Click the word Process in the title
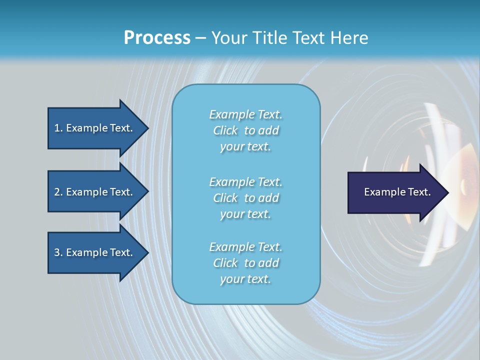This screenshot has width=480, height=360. pos(157,38)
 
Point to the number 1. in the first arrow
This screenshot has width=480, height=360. pos(58,128)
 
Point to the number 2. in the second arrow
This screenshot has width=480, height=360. pos(58,192)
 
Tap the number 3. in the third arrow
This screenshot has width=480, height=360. pos(58,252)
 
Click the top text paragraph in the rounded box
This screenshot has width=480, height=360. pos(245,130)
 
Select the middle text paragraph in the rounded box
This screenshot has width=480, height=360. pos(245,198)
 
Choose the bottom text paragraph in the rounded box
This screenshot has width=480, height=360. pos(245,263)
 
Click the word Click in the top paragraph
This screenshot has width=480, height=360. pos(225,130)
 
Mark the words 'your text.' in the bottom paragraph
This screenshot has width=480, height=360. pos(245,279)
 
